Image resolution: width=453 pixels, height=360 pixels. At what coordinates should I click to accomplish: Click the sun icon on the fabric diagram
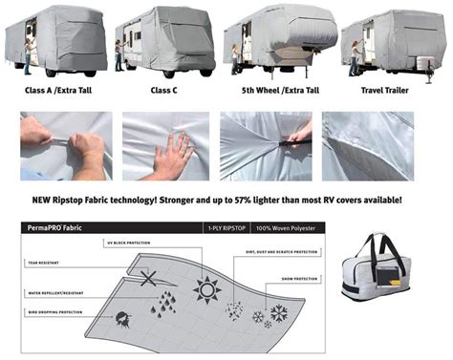point(205,287)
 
